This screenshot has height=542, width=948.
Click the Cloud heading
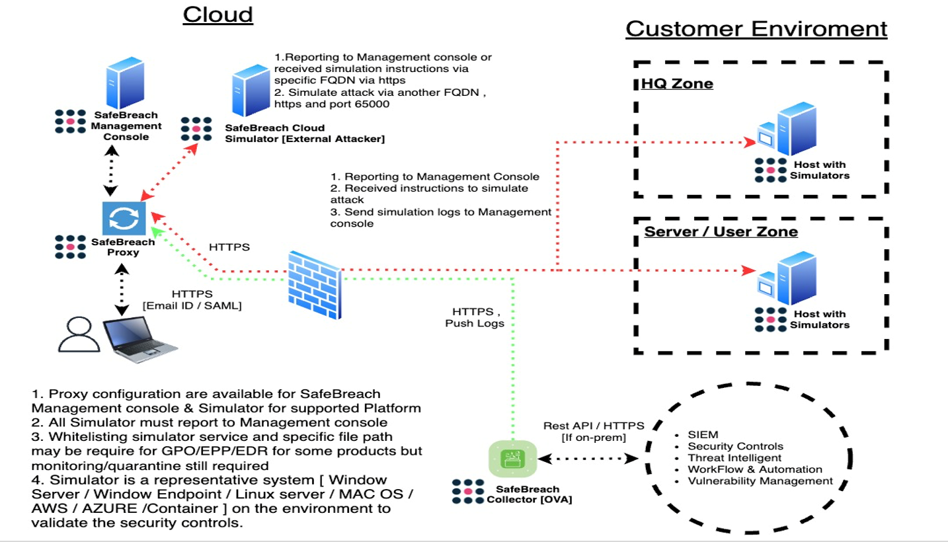(x=217, y=15)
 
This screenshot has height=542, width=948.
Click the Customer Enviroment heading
(x=756, y=28)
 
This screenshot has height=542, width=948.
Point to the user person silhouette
(x=78, y=335)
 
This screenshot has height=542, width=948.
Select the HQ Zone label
(x=677, y=84)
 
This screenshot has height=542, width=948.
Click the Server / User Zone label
(x=721, y=231)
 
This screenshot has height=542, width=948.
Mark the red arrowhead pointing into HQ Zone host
(x=749, y=142)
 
